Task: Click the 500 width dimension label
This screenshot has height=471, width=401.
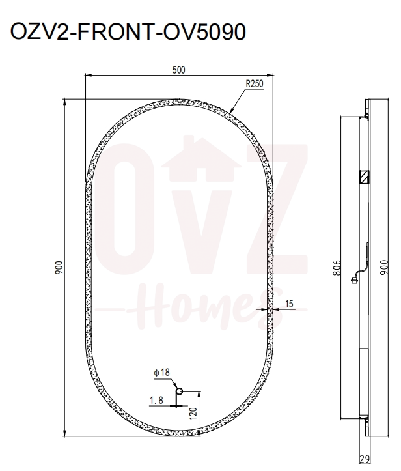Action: (x=177, y=71)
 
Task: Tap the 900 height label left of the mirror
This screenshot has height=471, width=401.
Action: (x=58, y=267)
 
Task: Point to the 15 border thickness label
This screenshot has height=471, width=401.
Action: (x=290, y=304)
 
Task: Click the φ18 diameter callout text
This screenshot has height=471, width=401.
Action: (x=161, y=372)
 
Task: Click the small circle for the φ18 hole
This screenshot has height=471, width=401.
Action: (x=180, y=391)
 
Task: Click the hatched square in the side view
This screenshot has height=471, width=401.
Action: (x=363, y=176)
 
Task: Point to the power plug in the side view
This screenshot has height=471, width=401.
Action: (x=353, y=281)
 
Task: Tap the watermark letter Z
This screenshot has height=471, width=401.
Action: (x=276, y=208)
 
